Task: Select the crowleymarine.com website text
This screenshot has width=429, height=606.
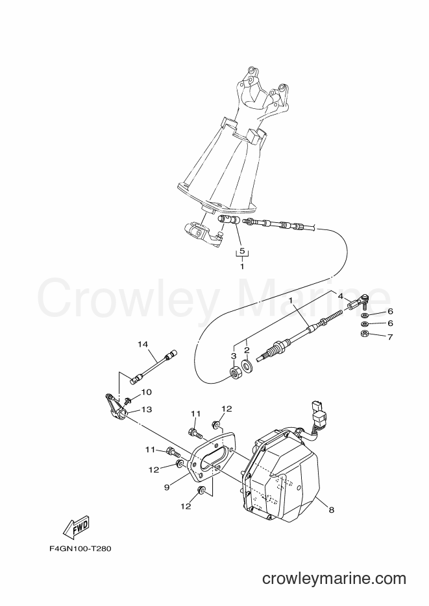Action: tap(334, 579)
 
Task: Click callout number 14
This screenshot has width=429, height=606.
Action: tap(143, 344)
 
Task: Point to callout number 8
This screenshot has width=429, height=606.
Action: tap(331, 510)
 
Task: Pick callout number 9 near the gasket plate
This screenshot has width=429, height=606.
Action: tap(167, 487)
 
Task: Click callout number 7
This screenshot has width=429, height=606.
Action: tap(390, 337)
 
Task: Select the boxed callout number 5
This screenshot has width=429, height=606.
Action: tap(242, 251)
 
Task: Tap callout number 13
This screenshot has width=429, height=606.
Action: tap(147, 409)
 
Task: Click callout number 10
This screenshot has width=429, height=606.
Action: tap(146, 392)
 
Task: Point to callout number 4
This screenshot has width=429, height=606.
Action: tap(341, 296)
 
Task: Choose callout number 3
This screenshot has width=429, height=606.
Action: tap(234, 355)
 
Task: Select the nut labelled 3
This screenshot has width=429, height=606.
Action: tap(234, 373)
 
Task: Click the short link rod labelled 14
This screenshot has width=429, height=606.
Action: tap(154, 367)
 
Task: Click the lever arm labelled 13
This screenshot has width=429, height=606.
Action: tap(114, 406)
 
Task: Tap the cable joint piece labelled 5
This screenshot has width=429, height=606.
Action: tap(229, 221)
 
